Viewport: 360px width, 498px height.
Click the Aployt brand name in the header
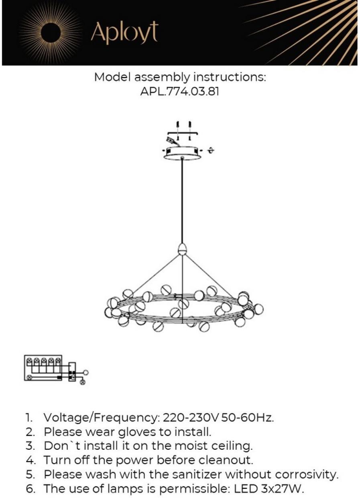coord(124,32)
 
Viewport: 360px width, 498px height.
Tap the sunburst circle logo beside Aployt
coord(51,32)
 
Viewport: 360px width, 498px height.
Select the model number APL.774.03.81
coord(180,91)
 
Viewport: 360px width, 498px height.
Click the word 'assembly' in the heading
coord(161,77)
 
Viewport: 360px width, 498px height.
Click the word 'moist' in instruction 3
coord(154,446)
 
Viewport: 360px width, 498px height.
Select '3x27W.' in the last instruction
coord(285,488)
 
